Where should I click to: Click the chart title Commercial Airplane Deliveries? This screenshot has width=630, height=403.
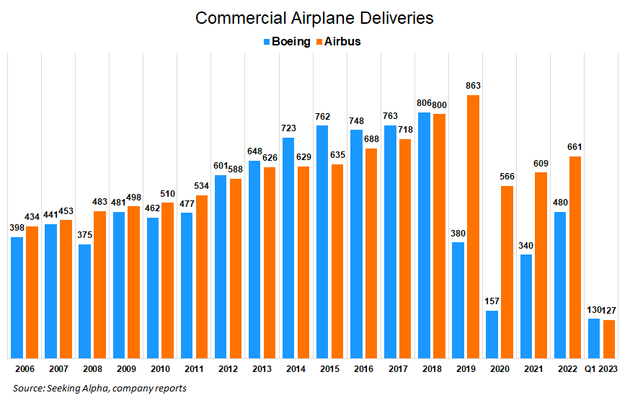coord(315,18)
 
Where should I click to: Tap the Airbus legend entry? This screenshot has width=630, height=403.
coord(339,42)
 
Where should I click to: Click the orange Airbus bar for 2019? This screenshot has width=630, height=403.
coord(472,226)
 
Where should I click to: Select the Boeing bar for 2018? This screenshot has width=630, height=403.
coord(424,235)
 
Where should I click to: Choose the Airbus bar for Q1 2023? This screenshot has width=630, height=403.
coord(608,339)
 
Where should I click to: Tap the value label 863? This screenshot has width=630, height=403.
coord(472,87)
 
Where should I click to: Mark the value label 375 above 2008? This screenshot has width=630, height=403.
coord(85,236)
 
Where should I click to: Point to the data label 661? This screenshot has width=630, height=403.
coord(574,148)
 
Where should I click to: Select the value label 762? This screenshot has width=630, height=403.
coord(322,117)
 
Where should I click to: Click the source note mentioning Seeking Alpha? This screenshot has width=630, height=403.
coord(99,389)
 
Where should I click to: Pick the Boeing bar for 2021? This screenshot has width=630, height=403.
coord(525,306)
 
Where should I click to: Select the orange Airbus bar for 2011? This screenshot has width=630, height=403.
coord(201,276)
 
